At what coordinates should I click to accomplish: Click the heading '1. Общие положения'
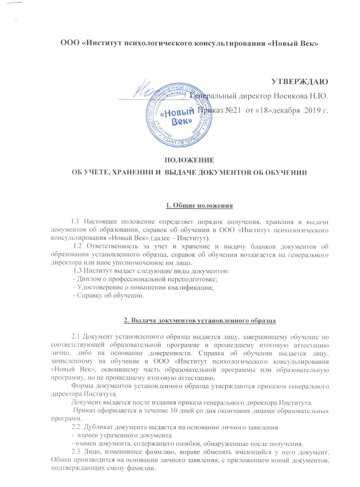click(200, 205)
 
